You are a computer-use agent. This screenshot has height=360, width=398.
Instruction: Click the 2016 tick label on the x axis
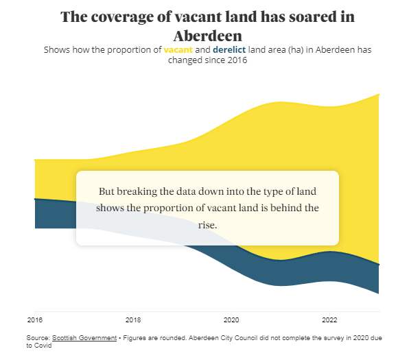point(34,320)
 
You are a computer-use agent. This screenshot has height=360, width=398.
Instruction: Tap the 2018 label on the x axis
point(133,320)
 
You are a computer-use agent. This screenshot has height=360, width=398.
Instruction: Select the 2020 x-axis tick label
point(231,320)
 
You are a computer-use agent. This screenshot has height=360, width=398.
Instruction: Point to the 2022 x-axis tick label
point(329,320)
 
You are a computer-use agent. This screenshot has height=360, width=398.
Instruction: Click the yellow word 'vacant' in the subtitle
point(178,50)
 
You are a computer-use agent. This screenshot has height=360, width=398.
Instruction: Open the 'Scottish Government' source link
point(84,338)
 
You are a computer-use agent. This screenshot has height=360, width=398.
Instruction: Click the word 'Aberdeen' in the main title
point(207,35)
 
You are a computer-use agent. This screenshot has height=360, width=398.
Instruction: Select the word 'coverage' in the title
point(122,17)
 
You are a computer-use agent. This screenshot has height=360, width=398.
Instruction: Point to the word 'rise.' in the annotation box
point(208,224)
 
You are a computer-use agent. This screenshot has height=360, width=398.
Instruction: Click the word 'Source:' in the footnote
point(38,338)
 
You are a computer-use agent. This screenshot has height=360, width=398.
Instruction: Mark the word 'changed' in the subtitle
point(185,60)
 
